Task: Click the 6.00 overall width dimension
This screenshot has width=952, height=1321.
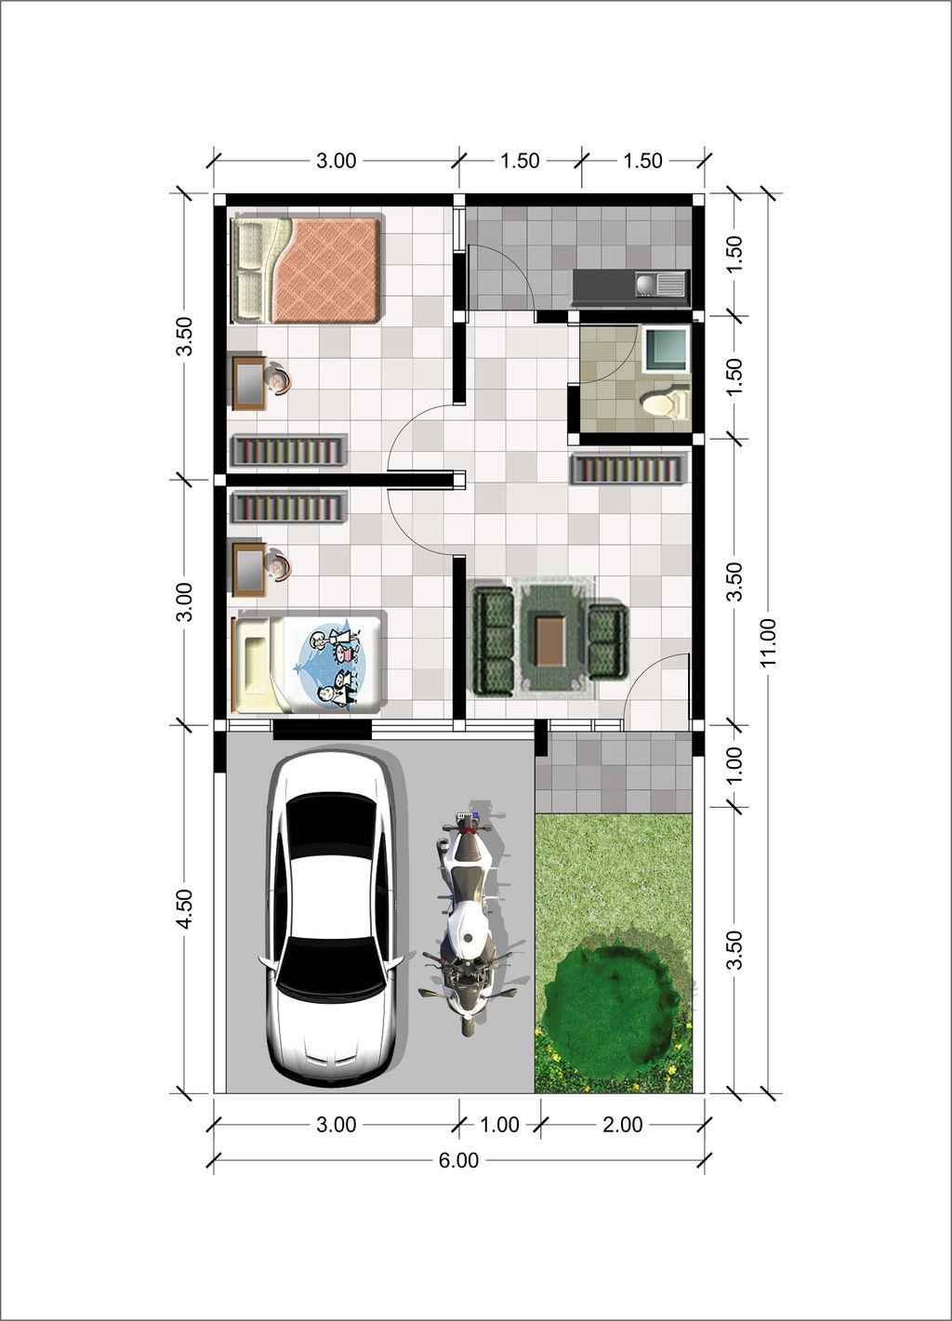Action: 458,1160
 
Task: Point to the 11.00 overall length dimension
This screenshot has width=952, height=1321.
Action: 768,642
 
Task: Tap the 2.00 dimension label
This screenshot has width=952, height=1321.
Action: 622,1125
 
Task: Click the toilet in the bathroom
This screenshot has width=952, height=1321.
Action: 666,403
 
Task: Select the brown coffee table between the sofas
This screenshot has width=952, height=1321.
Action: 549,641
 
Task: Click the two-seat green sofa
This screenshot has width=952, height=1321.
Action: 608,641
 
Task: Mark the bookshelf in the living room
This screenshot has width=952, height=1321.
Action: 628,469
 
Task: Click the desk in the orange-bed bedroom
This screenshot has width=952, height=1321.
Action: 249,382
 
